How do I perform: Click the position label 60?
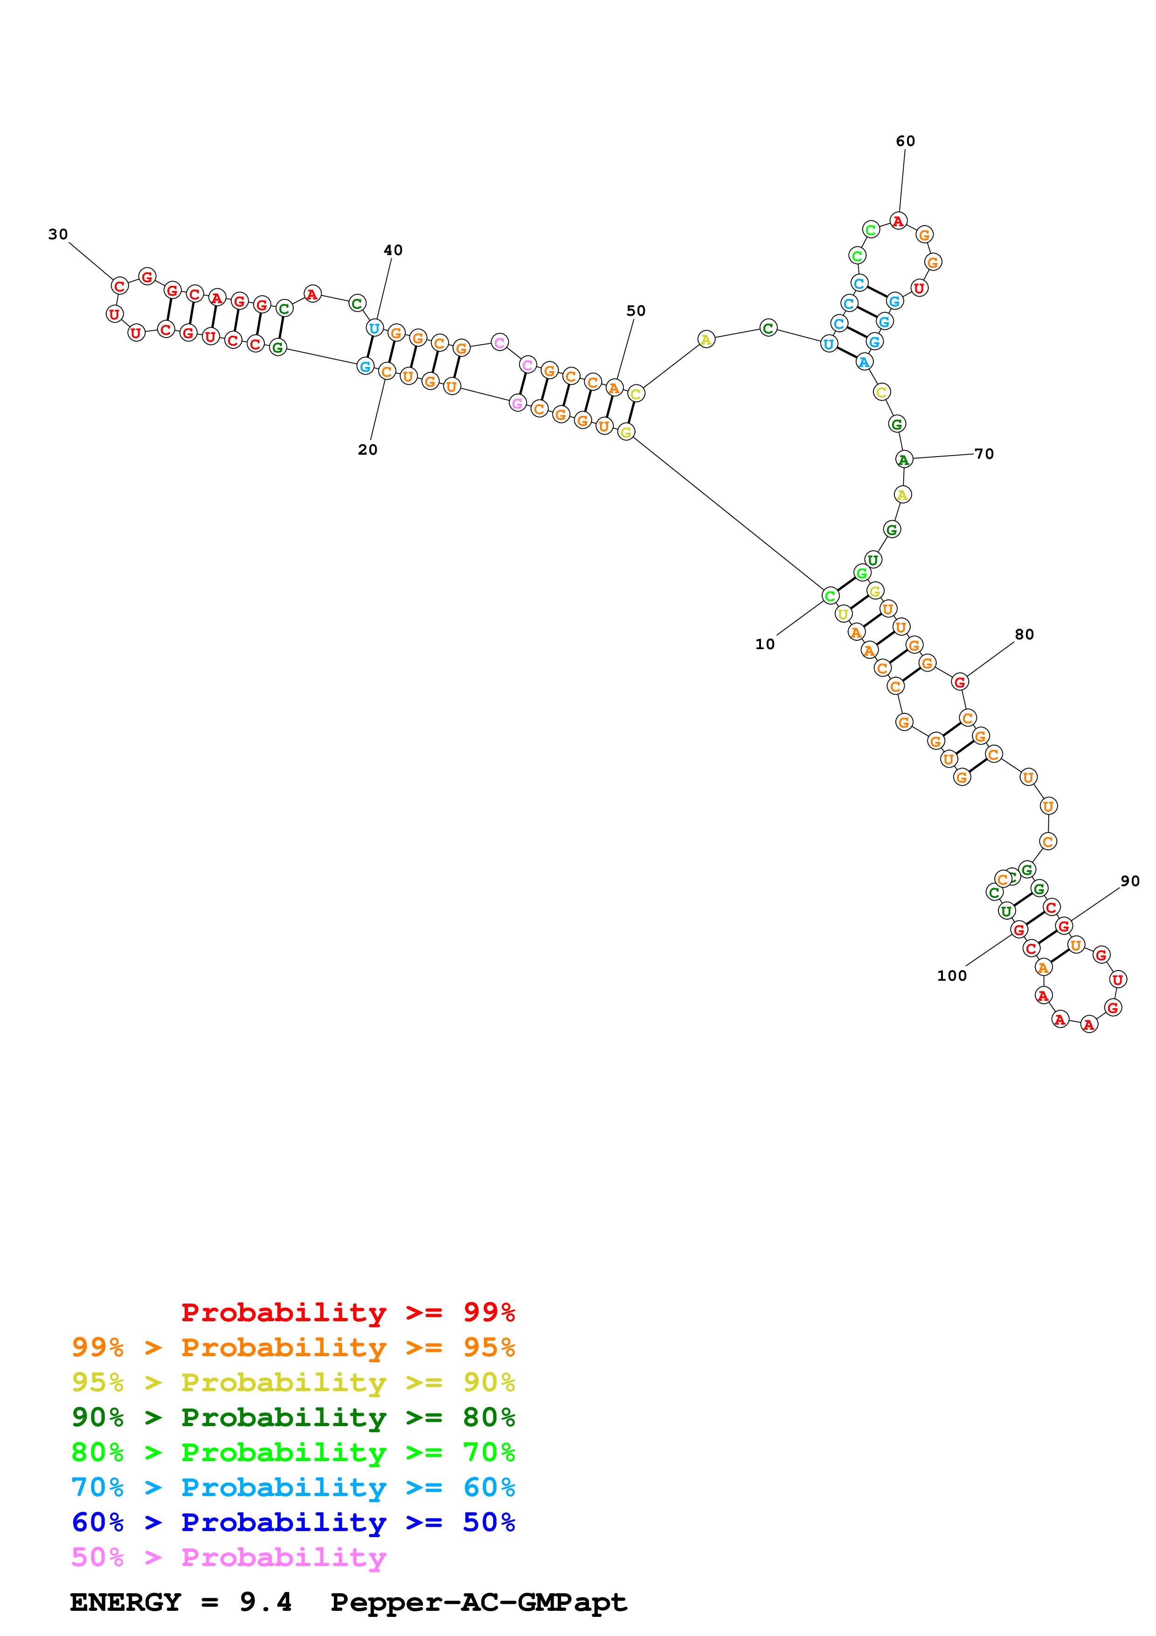pos(905,141)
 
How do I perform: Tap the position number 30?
pos(58,235)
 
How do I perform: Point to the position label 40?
pos(393,250)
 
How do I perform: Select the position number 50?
pos(636,311)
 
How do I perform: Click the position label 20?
pos(367,450)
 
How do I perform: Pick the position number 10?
pos(765,644)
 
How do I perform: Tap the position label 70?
pos(984,454)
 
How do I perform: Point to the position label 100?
pos(952,976)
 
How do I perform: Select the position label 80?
pos(1024,634)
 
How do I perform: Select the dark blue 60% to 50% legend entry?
pos(293,1522)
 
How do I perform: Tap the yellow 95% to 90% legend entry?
pos(293,1382)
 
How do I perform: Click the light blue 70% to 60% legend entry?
pos(293,1487)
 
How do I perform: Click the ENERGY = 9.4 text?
pos(181,1602)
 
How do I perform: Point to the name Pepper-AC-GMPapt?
pos(478,1602)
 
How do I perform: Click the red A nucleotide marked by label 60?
pos(898,221)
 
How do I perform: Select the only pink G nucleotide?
pos(518,403)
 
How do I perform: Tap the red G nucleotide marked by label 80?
pos(959,682)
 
